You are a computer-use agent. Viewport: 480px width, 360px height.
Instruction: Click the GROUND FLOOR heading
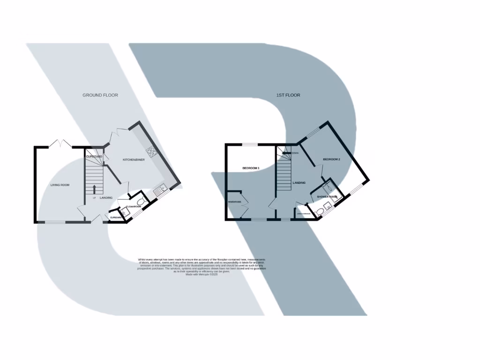click(100, 95)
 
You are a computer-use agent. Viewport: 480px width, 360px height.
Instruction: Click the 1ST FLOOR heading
click(288, 95)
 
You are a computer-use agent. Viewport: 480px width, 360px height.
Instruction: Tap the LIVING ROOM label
click(60, 185)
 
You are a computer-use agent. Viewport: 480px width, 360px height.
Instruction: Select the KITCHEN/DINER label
click(134, 160)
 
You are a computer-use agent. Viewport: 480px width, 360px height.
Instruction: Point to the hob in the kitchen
click(152, 151)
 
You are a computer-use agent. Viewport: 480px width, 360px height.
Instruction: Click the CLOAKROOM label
click(134, 206)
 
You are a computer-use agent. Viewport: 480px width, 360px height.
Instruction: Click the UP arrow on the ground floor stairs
click(95, 189)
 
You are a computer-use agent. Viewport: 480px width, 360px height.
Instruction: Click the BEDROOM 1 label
click(251, 168)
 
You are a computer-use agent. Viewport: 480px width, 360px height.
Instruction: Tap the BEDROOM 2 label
click(331, 159)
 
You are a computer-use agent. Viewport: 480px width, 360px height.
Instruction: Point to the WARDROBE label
click(234, 202)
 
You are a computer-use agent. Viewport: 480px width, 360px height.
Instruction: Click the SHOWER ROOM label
click(327, 197)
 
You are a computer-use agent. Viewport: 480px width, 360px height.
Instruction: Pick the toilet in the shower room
click(320, 212)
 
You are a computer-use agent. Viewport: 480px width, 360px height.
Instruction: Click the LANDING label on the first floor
click(299, 183)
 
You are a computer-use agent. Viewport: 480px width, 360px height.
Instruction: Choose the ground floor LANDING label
click(106, 198)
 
